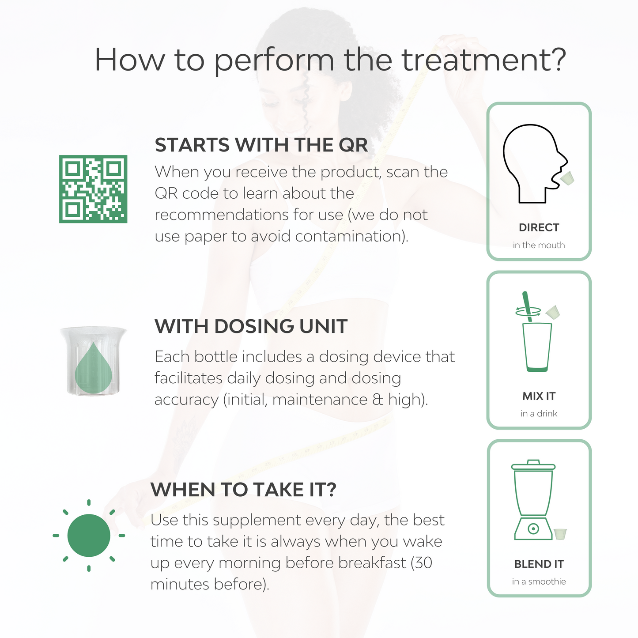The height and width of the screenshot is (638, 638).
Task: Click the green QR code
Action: tap(93, 189)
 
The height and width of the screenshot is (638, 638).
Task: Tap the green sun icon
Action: tap(89, 536)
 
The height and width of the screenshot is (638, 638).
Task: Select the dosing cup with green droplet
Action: tap(93, 361)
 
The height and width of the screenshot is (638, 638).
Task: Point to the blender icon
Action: tap(533, 500)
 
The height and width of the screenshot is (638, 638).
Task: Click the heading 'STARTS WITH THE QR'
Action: tap(261, 145)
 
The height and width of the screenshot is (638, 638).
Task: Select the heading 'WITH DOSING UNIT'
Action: tap(251, 326)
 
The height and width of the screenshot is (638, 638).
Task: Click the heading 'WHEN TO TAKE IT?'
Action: tap(243, 490)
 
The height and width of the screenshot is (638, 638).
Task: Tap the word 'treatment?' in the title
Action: tap(484, 60)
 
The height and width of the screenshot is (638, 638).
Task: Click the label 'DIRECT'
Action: tap(539, 227)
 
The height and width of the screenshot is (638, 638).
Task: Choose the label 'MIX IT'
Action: tap(539, 396)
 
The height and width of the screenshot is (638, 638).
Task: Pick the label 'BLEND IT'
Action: tap(539, 564)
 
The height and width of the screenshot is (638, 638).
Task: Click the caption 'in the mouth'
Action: tap(539, 245)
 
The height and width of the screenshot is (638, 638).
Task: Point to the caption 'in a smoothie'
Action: tap(539, 582)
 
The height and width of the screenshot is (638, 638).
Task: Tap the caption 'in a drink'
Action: tap(539, 414)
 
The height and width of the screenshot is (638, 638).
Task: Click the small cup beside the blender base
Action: tap(561, 534)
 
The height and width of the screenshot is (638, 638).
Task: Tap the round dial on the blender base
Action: tap(533, 529)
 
